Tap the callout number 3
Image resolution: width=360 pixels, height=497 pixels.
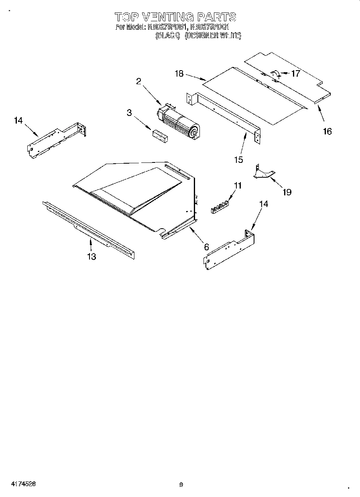(x=129, y=113)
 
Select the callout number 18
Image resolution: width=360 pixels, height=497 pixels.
(x=179, y=73)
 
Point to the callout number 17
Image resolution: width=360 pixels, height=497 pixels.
(x=295, y=73)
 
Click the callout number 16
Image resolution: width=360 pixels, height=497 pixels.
(x=327, y=131)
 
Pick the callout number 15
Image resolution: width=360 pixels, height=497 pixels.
(x=239, y=160)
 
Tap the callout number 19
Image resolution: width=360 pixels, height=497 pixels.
(x=287, y=192)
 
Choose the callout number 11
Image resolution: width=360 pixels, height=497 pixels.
(x=238, y=185)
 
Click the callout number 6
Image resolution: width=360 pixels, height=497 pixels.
(x=206, y=247)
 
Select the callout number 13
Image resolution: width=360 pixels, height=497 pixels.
(x=92, y=257)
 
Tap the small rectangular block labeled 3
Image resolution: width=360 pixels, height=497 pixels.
(x=160, y=136)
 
